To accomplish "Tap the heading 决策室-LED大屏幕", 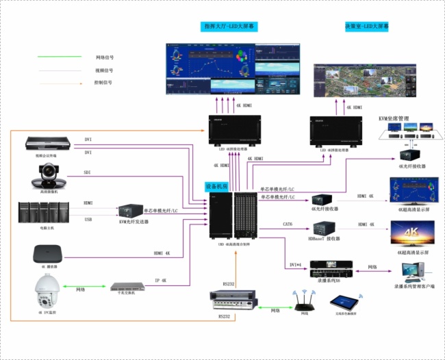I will [367, 27].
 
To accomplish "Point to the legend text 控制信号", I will [103, 82].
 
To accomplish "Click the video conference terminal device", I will [48, 144].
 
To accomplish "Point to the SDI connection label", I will [88, 172].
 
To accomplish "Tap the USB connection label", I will [88, 219].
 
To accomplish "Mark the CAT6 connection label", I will [288, 224].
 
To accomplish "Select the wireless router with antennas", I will [303, 300].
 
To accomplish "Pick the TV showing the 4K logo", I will [411, 233].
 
